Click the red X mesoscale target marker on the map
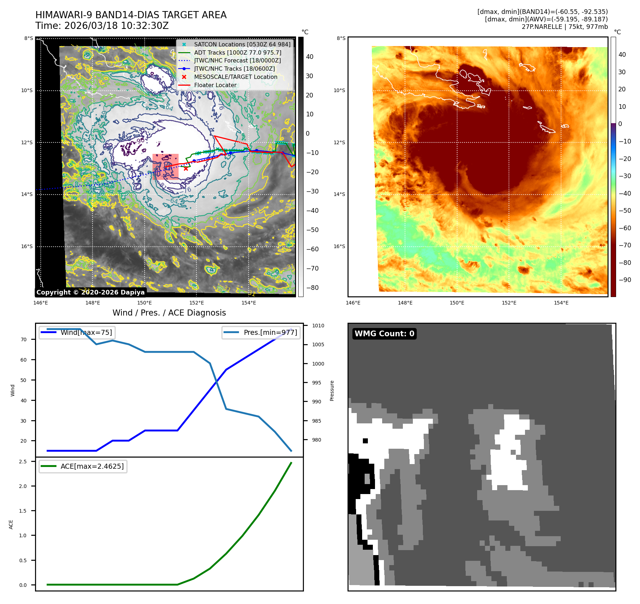point(186,168)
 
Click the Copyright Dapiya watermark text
point(90,292)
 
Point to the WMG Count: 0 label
point(384,334)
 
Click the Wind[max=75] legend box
point(77,333)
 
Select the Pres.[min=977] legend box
point(261,333)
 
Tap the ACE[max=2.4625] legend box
point(83,466)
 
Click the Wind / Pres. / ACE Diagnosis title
point(169,313)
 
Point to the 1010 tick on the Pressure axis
point(318,326)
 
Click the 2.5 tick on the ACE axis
point(23,462)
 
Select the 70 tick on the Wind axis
point(24,339)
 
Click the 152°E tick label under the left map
point(196,303)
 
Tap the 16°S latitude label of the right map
point(339,246)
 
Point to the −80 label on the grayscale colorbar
point(312,288)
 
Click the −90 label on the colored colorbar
point(625,280)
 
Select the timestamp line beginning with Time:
point(102,26)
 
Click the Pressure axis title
point(332,391)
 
